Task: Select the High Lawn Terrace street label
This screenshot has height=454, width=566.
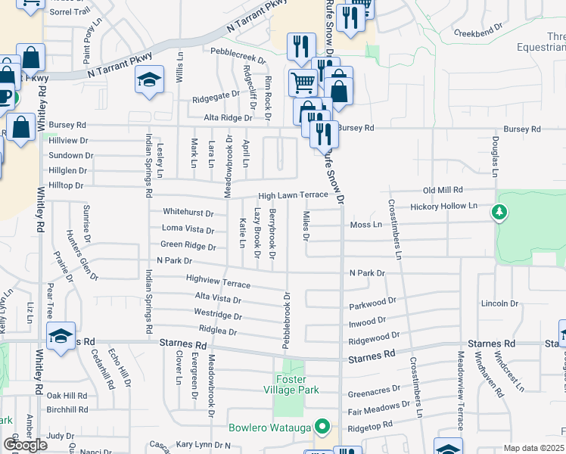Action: coord(294,195)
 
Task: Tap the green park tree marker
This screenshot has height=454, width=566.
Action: coord(499,213)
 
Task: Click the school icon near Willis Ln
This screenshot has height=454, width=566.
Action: coord(149,79)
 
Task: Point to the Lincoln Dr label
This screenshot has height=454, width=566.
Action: coord(499,303)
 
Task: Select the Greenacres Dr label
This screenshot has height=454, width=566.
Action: coord(373,393)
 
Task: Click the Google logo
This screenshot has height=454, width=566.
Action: coord(25,445)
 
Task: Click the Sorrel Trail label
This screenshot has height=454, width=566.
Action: coord(69,12)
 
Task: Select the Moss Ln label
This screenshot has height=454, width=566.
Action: coord(366,225)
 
